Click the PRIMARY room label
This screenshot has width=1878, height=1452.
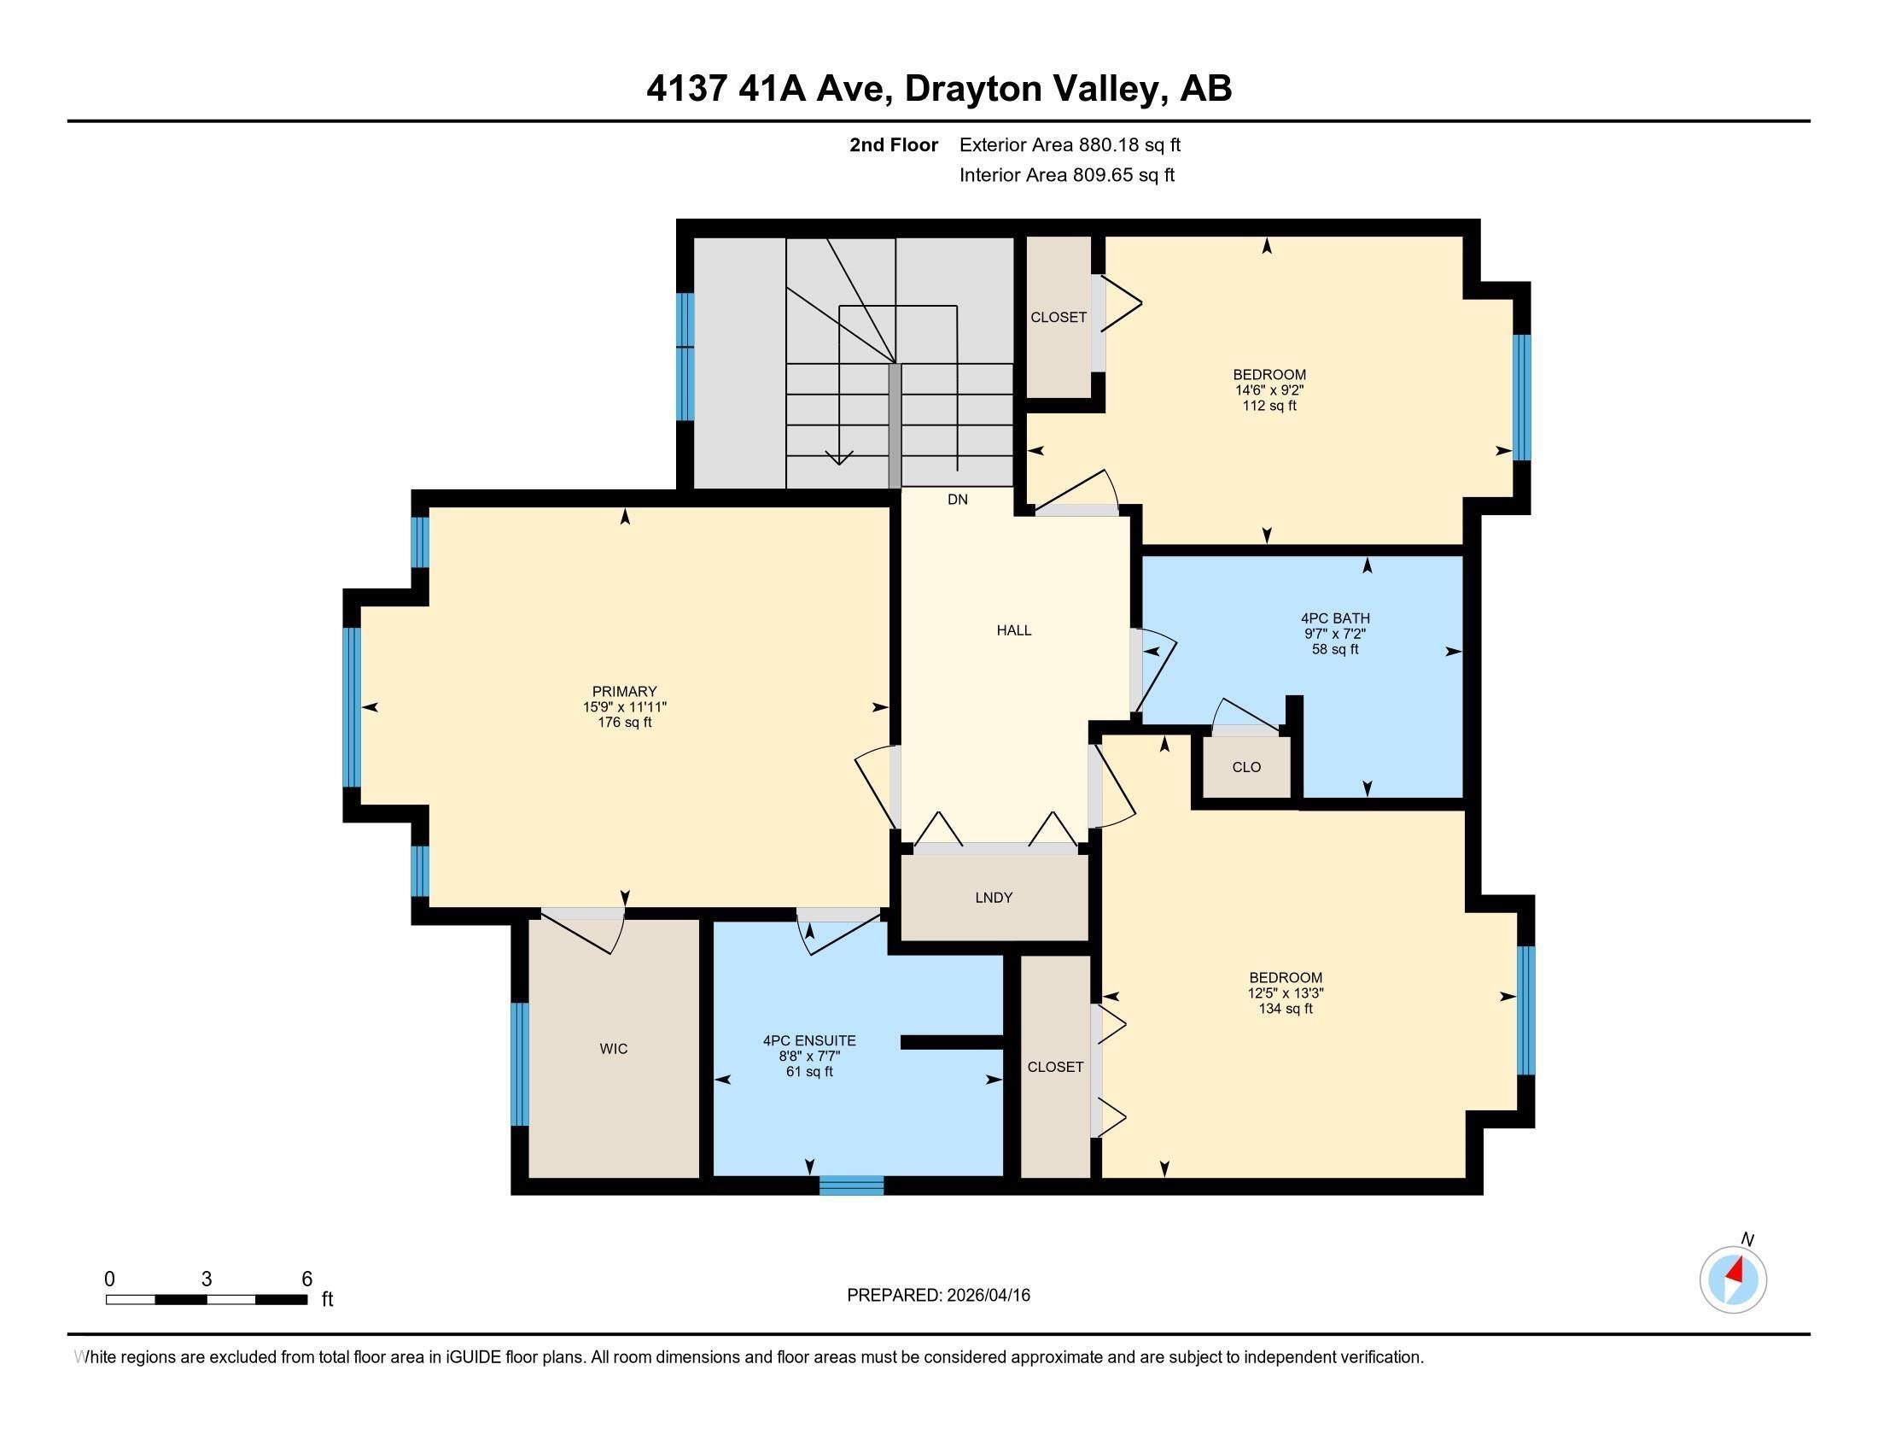(624, 691)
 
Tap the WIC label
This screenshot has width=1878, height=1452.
(613, 1049)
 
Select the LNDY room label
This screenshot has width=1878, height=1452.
(993, 897)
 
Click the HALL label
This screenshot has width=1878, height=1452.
(1014, 630)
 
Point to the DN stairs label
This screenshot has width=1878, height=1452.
(957, 499)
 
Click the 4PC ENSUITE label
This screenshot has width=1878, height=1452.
(809, 1040)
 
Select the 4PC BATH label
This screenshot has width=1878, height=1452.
(1334, 618)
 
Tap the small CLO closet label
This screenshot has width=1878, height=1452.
(1246, 766)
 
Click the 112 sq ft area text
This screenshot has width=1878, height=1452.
(1269, 406)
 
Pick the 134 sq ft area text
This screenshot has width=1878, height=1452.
(1286, 1009)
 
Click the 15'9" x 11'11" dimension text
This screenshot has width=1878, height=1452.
(624, 707)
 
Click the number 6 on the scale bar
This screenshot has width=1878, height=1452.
(307, 1279)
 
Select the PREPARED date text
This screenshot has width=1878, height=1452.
(938, 1296)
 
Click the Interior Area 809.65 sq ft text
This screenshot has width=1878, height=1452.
(1066, 175)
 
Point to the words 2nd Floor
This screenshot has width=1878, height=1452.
(894, 145)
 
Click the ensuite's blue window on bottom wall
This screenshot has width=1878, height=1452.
(851, 1186)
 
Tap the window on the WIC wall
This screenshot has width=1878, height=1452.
(519, 1064)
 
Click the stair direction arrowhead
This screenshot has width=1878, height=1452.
(839, 458)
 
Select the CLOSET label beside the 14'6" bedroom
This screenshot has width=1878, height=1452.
(1059, 318)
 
